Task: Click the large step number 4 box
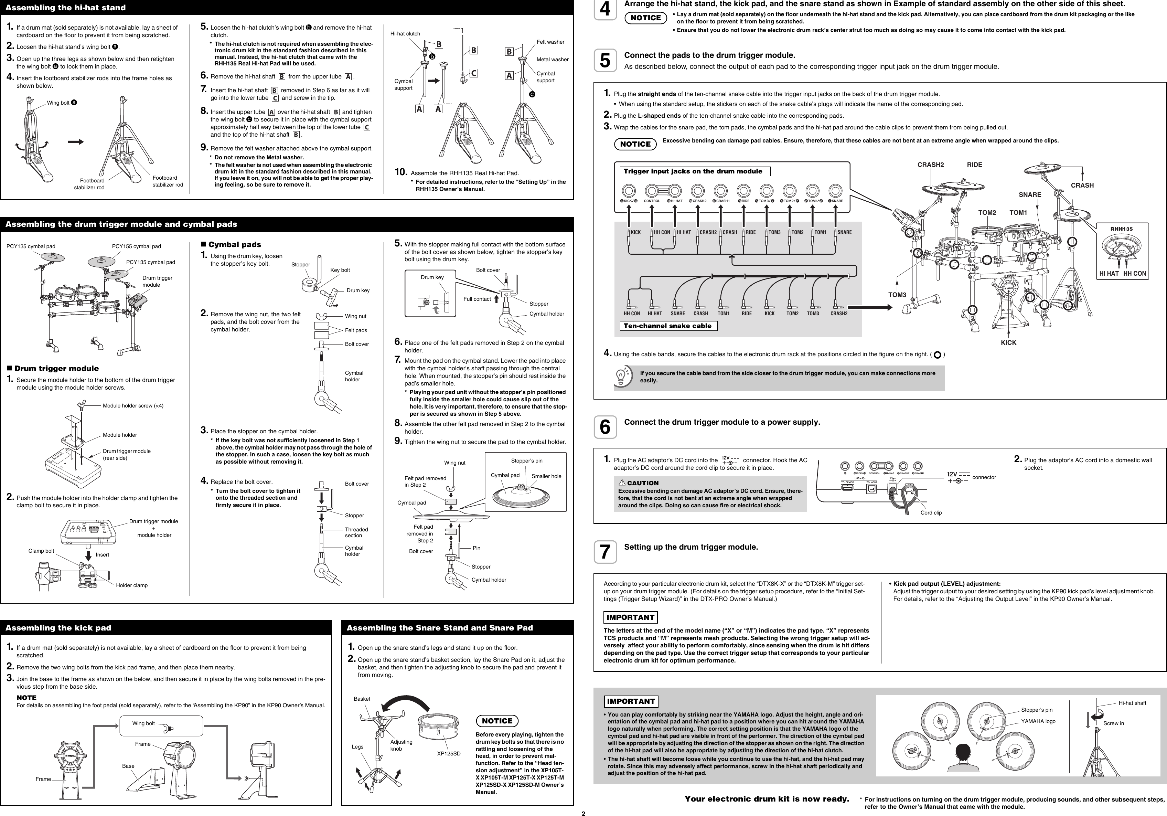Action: [605, 10]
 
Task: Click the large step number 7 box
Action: [605, 552]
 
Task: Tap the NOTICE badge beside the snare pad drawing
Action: [496, 721]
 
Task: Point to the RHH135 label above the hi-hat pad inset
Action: [1121, 229]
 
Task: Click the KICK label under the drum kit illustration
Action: [1008, 343]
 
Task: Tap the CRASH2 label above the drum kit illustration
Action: [930, 165]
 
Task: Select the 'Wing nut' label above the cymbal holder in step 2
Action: [355, 316]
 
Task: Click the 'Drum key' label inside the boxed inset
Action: [432, 278]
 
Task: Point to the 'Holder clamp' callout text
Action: [132, 585]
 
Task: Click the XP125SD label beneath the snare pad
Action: [449, 753]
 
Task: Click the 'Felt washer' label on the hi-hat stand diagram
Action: [550, 42]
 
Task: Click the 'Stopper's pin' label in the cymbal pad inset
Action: [527, 460]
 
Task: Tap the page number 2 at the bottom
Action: [583, 814]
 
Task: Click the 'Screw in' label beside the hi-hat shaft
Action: [1114, 723]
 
